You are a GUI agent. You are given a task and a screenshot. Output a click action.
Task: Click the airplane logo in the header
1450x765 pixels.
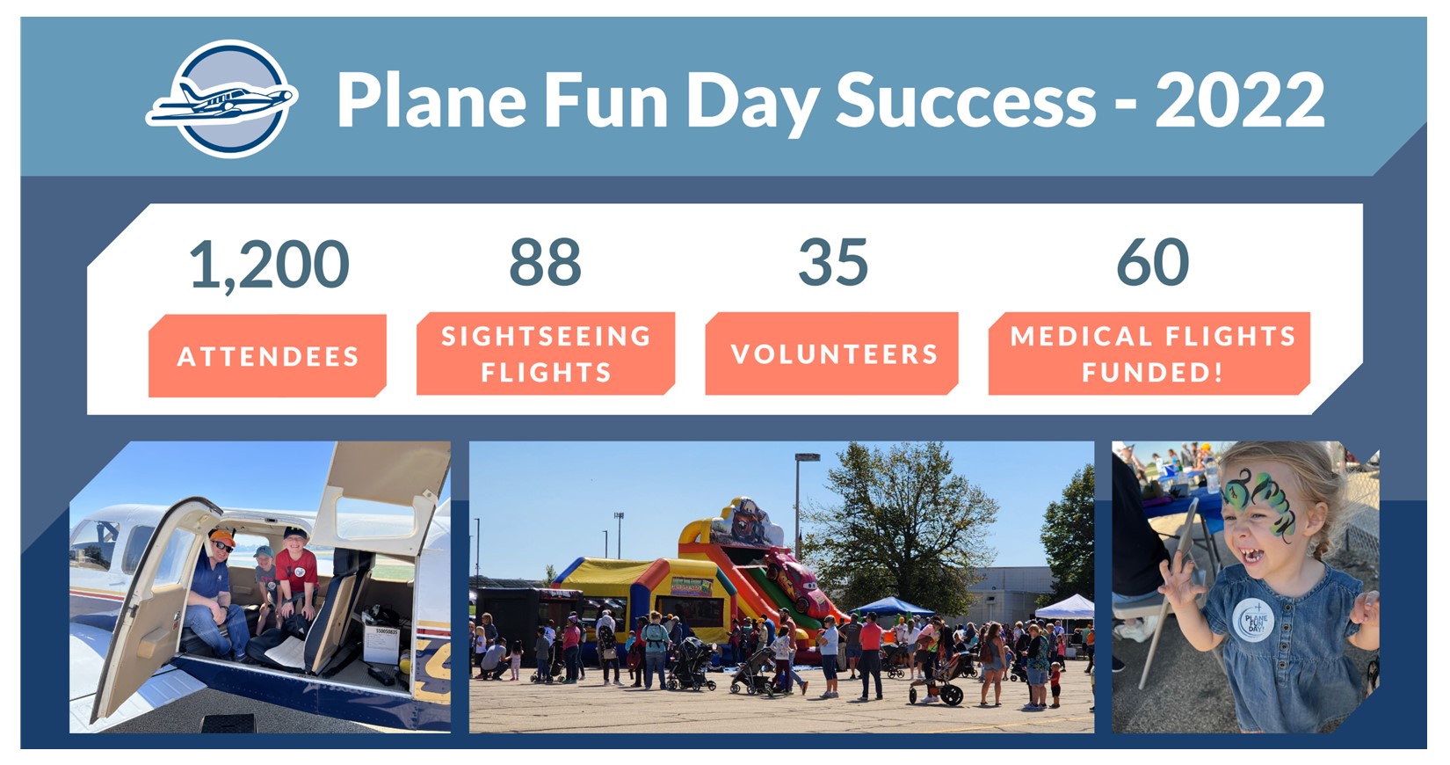tap(222, 99)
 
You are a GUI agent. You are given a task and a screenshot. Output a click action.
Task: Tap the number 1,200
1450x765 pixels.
tap(269, 265)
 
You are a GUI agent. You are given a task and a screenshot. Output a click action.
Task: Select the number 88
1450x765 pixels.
tap(545, 262)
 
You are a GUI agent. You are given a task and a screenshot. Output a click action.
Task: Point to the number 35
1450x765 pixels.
tap(833, 262)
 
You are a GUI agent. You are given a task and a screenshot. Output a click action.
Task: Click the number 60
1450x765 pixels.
tap(1152, 262)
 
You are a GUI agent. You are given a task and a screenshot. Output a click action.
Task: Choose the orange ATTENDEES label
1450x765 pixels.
tap(267, 355)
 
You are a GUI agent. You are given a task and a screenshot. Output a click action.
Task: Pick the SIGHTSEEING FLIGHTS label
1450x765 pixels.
tap(546, 353)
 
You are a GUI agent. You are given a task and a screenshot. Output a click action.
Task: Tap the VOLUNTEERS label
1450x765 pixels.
tap(832, 353)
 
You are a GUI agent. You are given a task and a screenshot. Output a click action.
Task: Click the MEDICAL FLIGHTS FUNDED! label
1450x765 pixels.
tap(1149, 353)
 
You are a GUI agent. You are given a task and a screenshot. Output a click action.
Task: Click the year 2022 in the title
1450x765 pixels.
tap(1240, 100)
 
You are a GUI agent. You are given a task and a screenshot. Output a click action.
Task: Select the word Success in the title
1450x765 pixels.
tap(966, 100)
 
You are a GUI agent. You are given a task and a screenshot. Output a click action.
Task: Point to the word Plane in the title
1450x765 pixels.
tap(431, 99)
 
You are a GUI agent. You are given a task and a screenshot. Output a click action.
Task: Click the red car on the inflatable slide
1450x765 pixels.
tap(795, 579)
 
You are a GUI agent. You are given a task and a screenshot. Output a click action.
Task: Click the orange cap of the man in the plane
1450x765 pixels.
tap(222, 537)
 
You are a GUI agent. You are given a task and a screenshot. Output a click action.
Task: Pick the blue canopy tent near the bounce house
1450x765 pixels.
tap(893, 607)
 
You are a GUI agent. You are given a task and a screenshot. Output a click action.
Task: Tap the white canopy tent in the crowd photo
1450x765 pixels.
tap(1065, 607)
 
